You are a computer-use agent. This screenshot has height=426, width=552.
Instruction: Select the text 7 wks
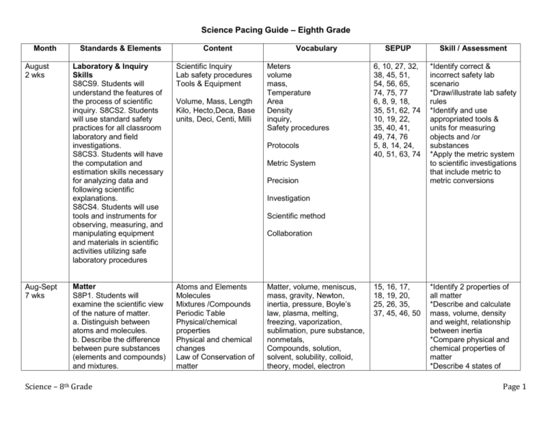[31, 295]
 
